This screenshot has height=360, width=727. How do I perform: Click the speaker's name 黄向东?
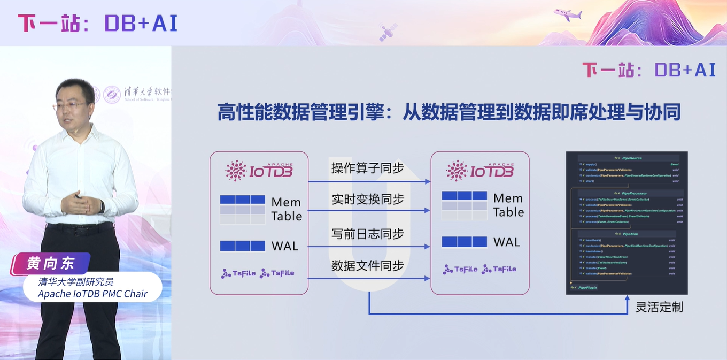click(51, 264)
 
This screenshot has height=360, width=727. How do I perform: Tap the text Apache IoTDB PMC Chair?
click(92, 294)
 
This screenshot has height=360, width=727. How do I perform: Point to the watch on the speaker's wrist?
click(102, 206)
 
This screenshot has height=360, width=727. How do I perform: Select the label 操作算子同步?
click(367, 168)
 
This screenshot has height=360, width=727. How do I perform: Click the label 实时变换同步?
click(367, 199)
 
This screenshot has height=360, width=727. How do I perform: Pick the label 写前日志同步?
click(367, 234)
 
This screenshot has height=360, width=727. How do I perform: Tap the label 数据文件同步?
click(367, 265)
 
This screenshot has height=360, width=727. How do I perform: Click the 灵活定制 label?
click(659, 307)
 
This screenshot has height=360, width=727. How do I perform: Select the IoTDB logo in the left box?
click(259, 170)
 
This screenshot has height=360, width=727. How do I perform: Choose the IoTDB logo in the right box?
click(480, 170)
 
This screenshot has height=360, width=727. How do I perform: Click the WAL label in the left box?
click(285, 246)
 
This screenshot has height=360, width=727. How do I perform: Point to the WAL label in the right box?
click(507, 242)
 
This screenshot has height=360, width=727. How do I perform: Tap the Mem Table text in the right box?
click(508, 205)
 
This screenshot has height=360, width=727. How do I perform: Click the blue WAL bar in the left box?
click(243, 246)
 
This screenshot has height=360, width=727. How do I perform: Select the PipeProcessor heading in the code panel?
click(635, 193)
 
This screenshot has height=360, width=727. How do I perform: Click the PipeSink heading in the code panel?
click(630, 234)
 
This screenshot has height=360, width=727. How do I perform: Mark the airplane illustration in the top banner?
click(568, 14)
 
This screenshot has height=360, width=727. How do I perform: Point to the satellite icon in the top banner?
click(388, 32)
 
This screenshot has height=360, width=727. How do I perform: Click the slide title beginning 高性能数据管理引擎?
click(448, 113)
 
